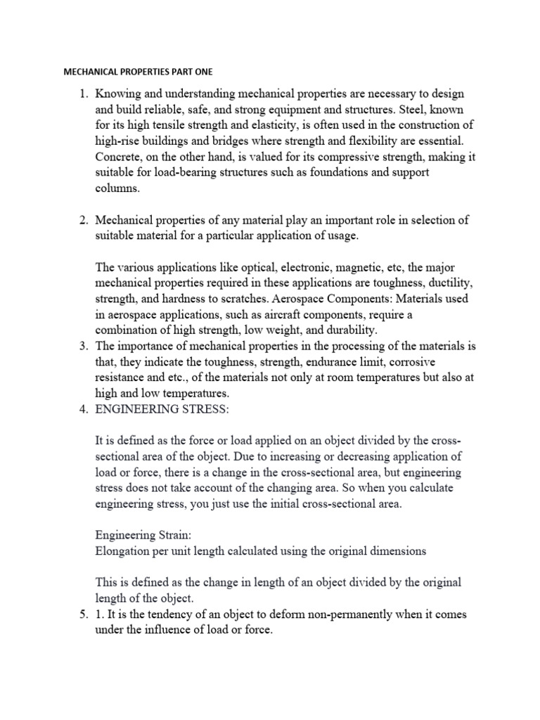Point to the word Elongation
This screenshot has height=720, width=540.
(x=124, y=551)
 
